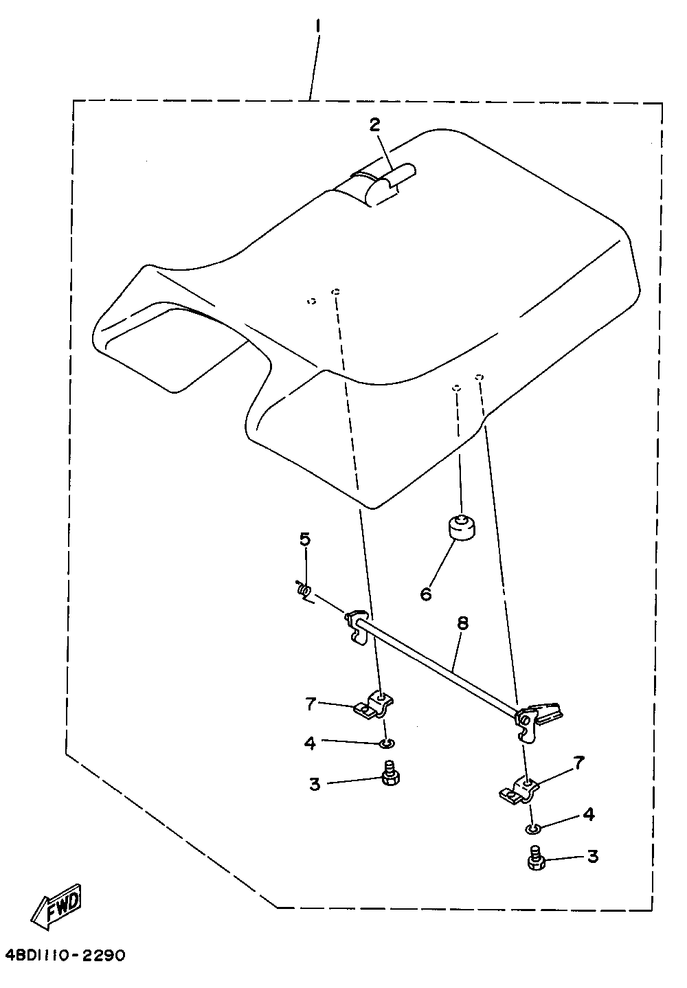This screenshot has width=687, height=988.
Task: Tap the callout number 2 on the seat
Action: pos(374,124)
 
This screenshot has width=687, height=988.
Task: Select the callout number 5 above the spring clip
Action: pos(305,539)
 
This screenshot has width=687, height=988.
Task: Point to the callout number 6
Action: pos(426,593)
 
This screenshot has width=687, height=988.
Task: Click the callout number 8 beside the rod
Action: pos(462,623)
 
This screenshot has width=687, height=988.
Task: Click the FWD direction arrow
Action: pos(56,908)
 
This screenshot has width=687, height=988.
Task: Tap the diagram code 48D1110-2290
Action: pos(65,956)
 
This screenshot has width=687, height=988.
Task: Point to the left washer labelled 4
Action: pos(387,743)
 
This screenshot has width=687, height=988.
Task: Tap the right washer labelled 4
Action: pos(532,828)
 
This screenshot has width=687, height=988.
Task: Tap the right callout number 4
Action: pos(588,815)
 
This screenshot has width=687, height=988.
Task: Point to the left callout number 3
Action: pos(315,784)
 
